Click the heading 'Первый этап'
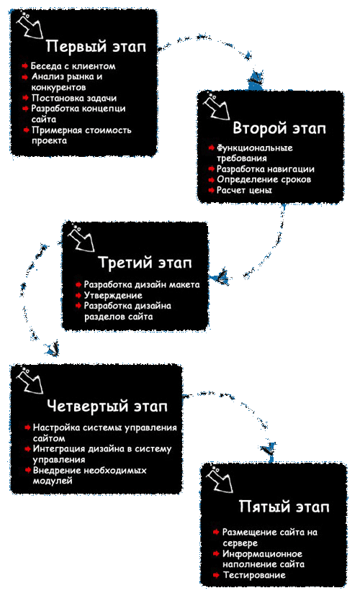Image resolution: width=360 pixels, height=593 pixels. pos(96,47)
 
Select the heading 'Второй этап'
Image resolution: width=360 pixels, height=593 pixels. pos(279,128)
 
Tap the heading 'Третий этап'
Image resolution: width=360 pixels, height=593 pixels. pos(145,263)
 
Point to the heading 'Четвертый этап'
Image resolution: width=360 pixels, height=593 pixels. pos(107,406)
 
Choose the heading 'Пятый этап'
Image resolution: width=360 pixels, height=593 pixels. pos(284,507)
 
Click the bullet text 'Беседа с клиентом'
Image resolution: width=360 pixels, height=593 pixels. pos(73,66)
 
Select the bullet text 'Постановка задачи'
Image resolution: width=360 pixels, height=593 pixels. pos(74,98)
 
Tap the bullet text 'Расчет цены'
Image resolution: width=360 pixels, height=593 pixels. pos(244,190)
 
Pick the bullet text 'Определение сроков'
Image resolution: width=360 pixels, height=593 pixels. pos(264,179)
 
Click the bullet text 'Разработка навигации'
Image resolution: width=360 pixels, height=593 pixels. pos(266,168)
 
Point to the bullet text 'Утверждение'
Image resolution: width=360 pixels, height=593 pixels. pos(113,295)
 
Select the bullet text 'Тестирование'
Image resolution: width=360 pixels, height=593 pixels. pos(254,575)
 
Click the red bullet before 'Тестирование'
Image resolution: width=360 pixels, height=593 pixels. pos(216,575)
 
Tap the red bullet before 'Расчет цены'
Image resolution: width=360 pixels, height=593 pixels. pos(211,190)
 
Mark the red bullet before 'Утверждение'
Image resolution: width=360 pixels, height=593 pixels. pos(78,295)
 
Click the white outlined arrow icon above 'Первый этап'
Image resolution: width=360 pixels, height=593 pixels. pos(30,25)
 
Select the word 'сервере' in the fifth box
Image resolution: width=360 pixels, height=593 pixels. pos(240,543)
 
